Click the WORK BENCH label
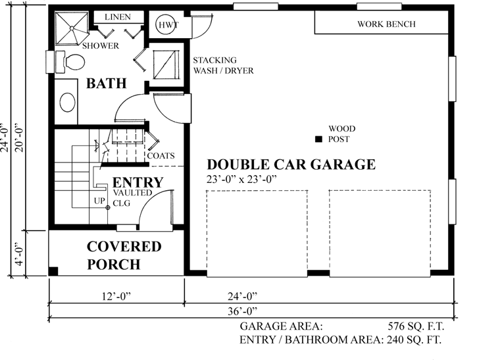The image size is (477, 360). pos(386,24)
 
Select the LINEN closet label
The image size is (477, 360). pos(118,16)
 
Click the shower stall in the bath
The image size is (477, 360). pos(70,29)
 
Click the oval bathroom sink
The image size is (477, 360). pos(68,102)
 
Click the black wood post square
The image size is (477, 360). pos(318,139)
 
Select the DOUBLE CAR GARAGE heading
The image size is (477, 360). pos(291,165)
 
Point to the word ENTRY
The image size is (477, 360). pos(138,182)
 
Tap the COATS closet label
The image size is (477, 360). pos(161,156)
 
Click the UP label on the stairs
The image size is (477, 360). pos(99,200)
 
